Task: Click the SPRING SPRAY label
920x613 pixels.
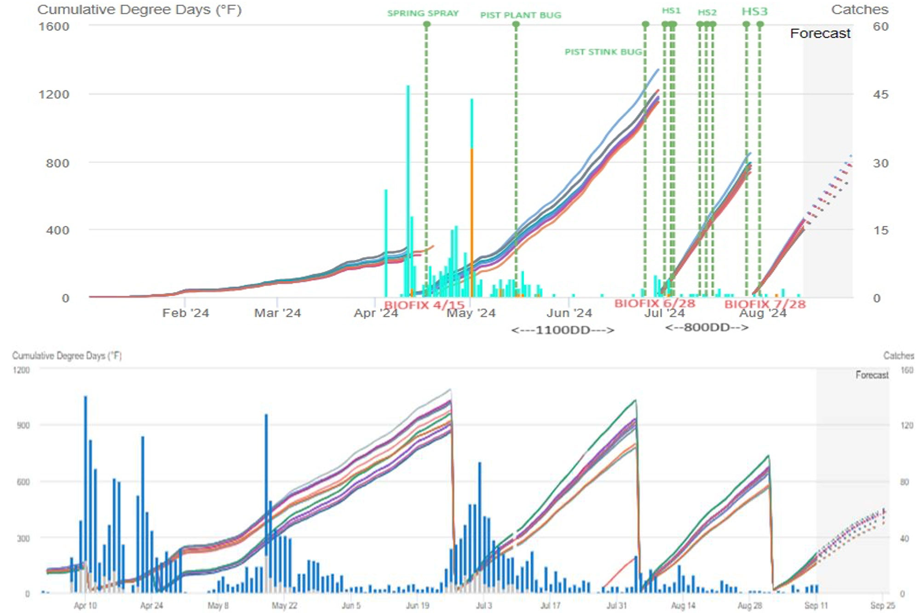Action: (423, 13)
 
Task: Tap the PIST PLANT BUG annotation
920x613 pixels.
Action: (521, 15)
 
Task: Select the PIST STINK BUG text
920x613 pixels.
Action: (603, 52)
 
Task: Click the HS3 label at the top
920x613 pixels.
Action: (754, 11)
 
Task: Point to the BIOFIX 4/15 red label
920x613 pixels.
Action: (424, 305)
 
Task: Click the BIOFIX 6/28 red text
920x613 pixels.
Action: (655, 304)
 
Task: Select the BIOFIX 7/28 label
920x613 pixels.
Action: (765, 304)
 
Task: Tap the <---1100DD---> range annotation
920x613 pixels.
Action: (562, 330)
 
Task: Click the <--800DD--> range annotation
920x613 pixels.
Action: (707, 327)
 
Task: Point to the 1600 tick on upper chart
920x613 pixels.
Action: (54, 26)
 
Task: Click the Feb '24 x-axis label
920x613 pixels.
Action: (185, 313)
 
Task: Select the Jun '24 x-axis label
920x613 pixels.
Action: (569, 313)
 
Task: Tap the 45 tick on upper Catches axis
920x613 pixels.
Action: (880, 94)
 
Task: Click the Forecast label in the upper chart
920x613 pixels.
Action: (820, 34)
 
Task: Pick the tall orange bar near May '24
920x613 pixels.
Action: (471, 221)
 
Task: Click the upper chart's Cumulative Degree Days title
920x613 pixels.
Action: (139, 10)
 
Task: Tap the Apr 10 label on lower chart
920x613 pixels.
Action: (85, 606)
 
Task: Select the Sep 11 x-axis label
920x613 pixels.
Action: (816, 606)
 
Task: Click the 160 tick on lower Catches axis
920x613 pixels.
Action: (907, 370)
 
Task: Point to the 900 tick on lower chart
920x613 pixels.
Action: (23, 425)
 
